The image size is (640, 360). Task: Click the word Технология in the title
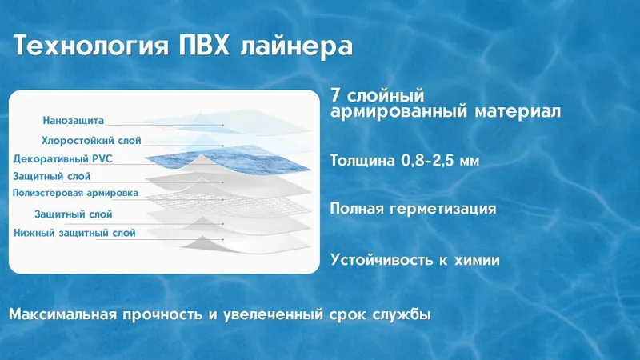pos(91,46)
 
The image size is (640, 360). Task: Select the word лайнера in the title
pos(296,46)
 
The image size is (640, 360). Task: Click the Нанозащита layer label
pos(74,121)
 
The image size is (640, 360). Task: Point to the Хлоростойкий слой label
pos(91,141)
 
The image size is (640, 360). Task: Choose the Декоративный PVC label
pos(63,159)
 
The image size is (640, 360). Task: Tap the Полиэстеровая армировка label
pos(75,193)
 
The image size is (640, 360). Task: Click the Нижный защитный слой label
pos(74,233)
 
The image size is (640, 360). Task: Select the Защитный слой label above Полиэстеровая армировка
pos(52,176)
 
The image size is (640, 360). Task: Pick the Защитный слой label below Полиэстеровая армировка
pos(74,214)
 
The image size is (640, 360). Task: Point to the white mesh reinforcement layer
pos(229,203)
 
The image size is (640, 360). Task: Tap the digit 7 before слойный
pos(335,95)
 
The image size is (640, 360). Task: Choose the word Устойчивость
pos(382,259)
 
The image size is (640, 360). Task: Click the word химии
pos(477,260)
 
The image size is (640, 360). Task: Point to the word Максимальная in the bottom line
pos(64,314)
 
